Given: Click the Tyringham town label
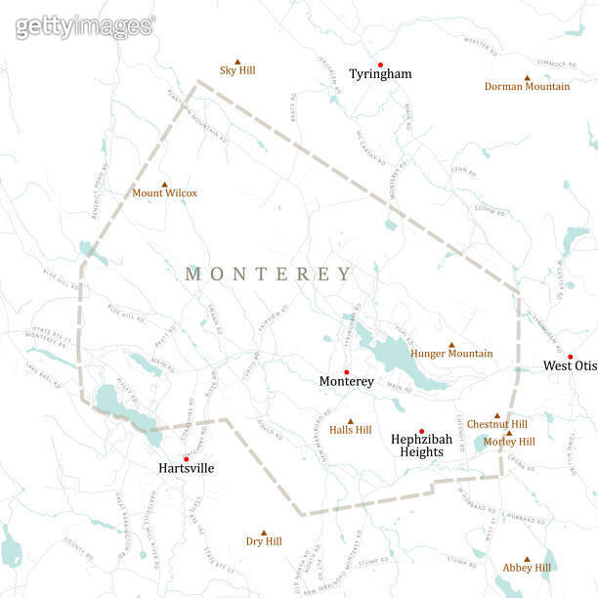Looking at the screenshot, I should click(x=380, y=74).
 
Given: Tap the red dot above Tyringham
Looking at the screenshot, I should click(x=380, y=64).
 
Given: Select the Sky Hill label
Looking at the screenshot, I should click(x=236, y=70).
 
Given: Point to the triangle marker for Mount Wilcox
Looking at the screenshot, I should click(x=164, y=184).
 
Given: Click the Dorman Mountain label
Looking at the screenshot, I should click(x=527, y=87).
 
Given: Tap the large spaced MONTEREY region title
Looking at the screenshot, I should click(x=268, y=275).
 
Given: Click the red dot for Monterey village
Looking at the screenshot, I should click(x=346, y=371).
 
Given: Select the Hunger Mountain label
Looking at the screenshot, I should click(x=451, y=354).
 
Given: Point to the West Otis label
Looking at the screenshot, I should click(x=570, y=366).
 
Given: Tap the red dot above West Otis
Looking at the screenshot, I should click(x=570, y=357).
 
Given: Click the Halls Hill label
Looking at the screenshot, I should click(x=350, y=430).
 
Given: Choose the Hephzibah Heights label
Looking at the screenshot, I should click(x=421, y=446).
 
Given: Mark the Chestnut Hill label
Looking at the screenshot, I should click(x=496, y=424).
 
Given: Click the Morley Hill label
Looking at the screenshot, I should click(x=509, y=442).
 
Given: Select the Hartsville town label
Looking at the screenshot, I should click(x=186, y=469).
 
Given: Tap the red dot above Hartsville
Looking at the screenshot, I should click(x=186, y=458).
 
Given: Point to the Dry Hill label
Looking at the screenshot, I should click(x=263, y=541).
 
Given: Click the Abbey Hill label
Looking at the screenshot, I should click(x=527, y=568).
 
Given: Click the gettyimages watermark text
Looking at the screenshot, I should click(x=84, y=26).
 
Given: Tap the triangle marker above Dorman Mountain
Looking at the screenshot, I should click(x=527, y=77).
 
